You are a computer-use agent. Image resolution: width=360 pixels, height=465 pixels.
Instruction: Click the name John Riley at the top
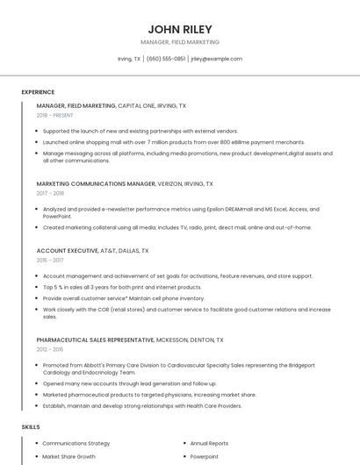(x=180, y=29)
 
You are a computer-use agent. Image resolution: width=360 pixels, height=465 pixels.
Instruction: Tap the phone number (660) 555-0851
(x=166, y=59)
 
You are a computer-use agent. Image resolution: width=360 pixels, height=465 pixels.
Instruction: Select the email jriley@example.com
(x=216, y=59)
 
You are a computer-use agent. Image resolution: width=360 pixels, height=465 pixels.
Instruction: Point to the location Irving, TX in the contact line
(x=129, y=59)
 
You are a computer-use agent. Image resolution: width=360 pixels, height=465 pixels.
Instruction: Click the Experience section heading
(x=38, y=92)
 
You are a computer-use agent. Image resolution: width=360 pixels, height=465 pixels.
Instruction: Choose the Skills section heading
(x=31, y=426)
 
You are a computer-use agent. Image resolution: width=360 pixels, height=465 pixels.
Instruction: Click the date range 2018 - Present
(x=55, y=115)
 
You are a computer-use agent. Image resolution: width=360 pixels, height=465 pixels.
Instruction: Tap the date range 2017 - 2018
(x=50, y=193)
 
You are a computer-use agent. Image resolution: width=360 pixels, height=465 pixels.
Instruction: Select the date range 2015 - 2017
(x=50, y=260)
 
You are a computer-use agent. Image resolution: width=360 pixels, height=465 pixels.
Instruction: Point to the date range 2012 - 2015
(x=50, y=349)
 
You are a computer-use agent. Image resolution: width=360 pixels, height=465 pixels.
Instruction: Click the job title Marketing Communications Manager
(x=96, y=184)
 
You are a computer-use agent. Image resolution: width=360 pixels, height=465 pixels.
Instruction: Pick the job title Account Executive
(x=68, y=251)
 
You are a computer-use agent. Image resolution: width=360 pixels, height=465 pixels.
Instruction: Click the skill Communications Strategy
(x=76, y=444)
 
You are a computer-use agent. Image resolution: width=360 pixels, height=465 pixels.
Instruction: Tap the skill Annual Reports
(x=209, y=444)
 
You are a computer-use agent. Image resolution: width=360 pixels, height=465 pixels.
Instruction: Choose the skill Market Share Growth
(x=68, y=457)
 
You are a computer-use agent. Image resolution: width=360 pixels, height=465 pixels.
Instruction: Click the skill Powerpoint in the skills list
(x=205, y=457)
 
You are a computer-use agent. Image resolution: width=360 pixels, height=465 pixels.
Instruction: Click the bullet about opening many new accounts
(x=129, y=383)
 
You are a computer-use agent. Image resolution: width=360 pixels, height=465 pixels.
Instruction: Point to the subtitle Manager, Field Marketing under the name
(x=180, y=42)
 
